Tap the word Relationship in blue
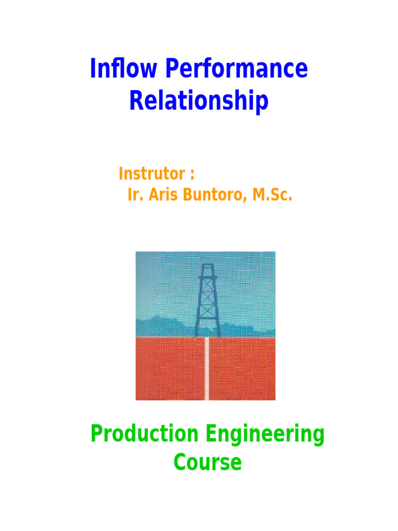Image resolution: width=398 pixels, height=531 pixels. click(198, 101)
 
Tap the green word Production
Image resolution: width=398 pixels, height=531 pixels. click(144, 435)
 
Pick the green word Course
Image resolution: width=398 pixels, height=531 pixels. click(207, 462)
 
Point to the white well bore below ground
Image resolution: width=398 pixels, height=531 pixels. click(207, 368)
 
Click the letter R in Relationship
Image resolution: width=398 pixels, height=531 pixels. click(136, 101)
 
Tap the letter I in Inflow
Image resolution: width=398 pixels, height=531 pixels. click(93, 69)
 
